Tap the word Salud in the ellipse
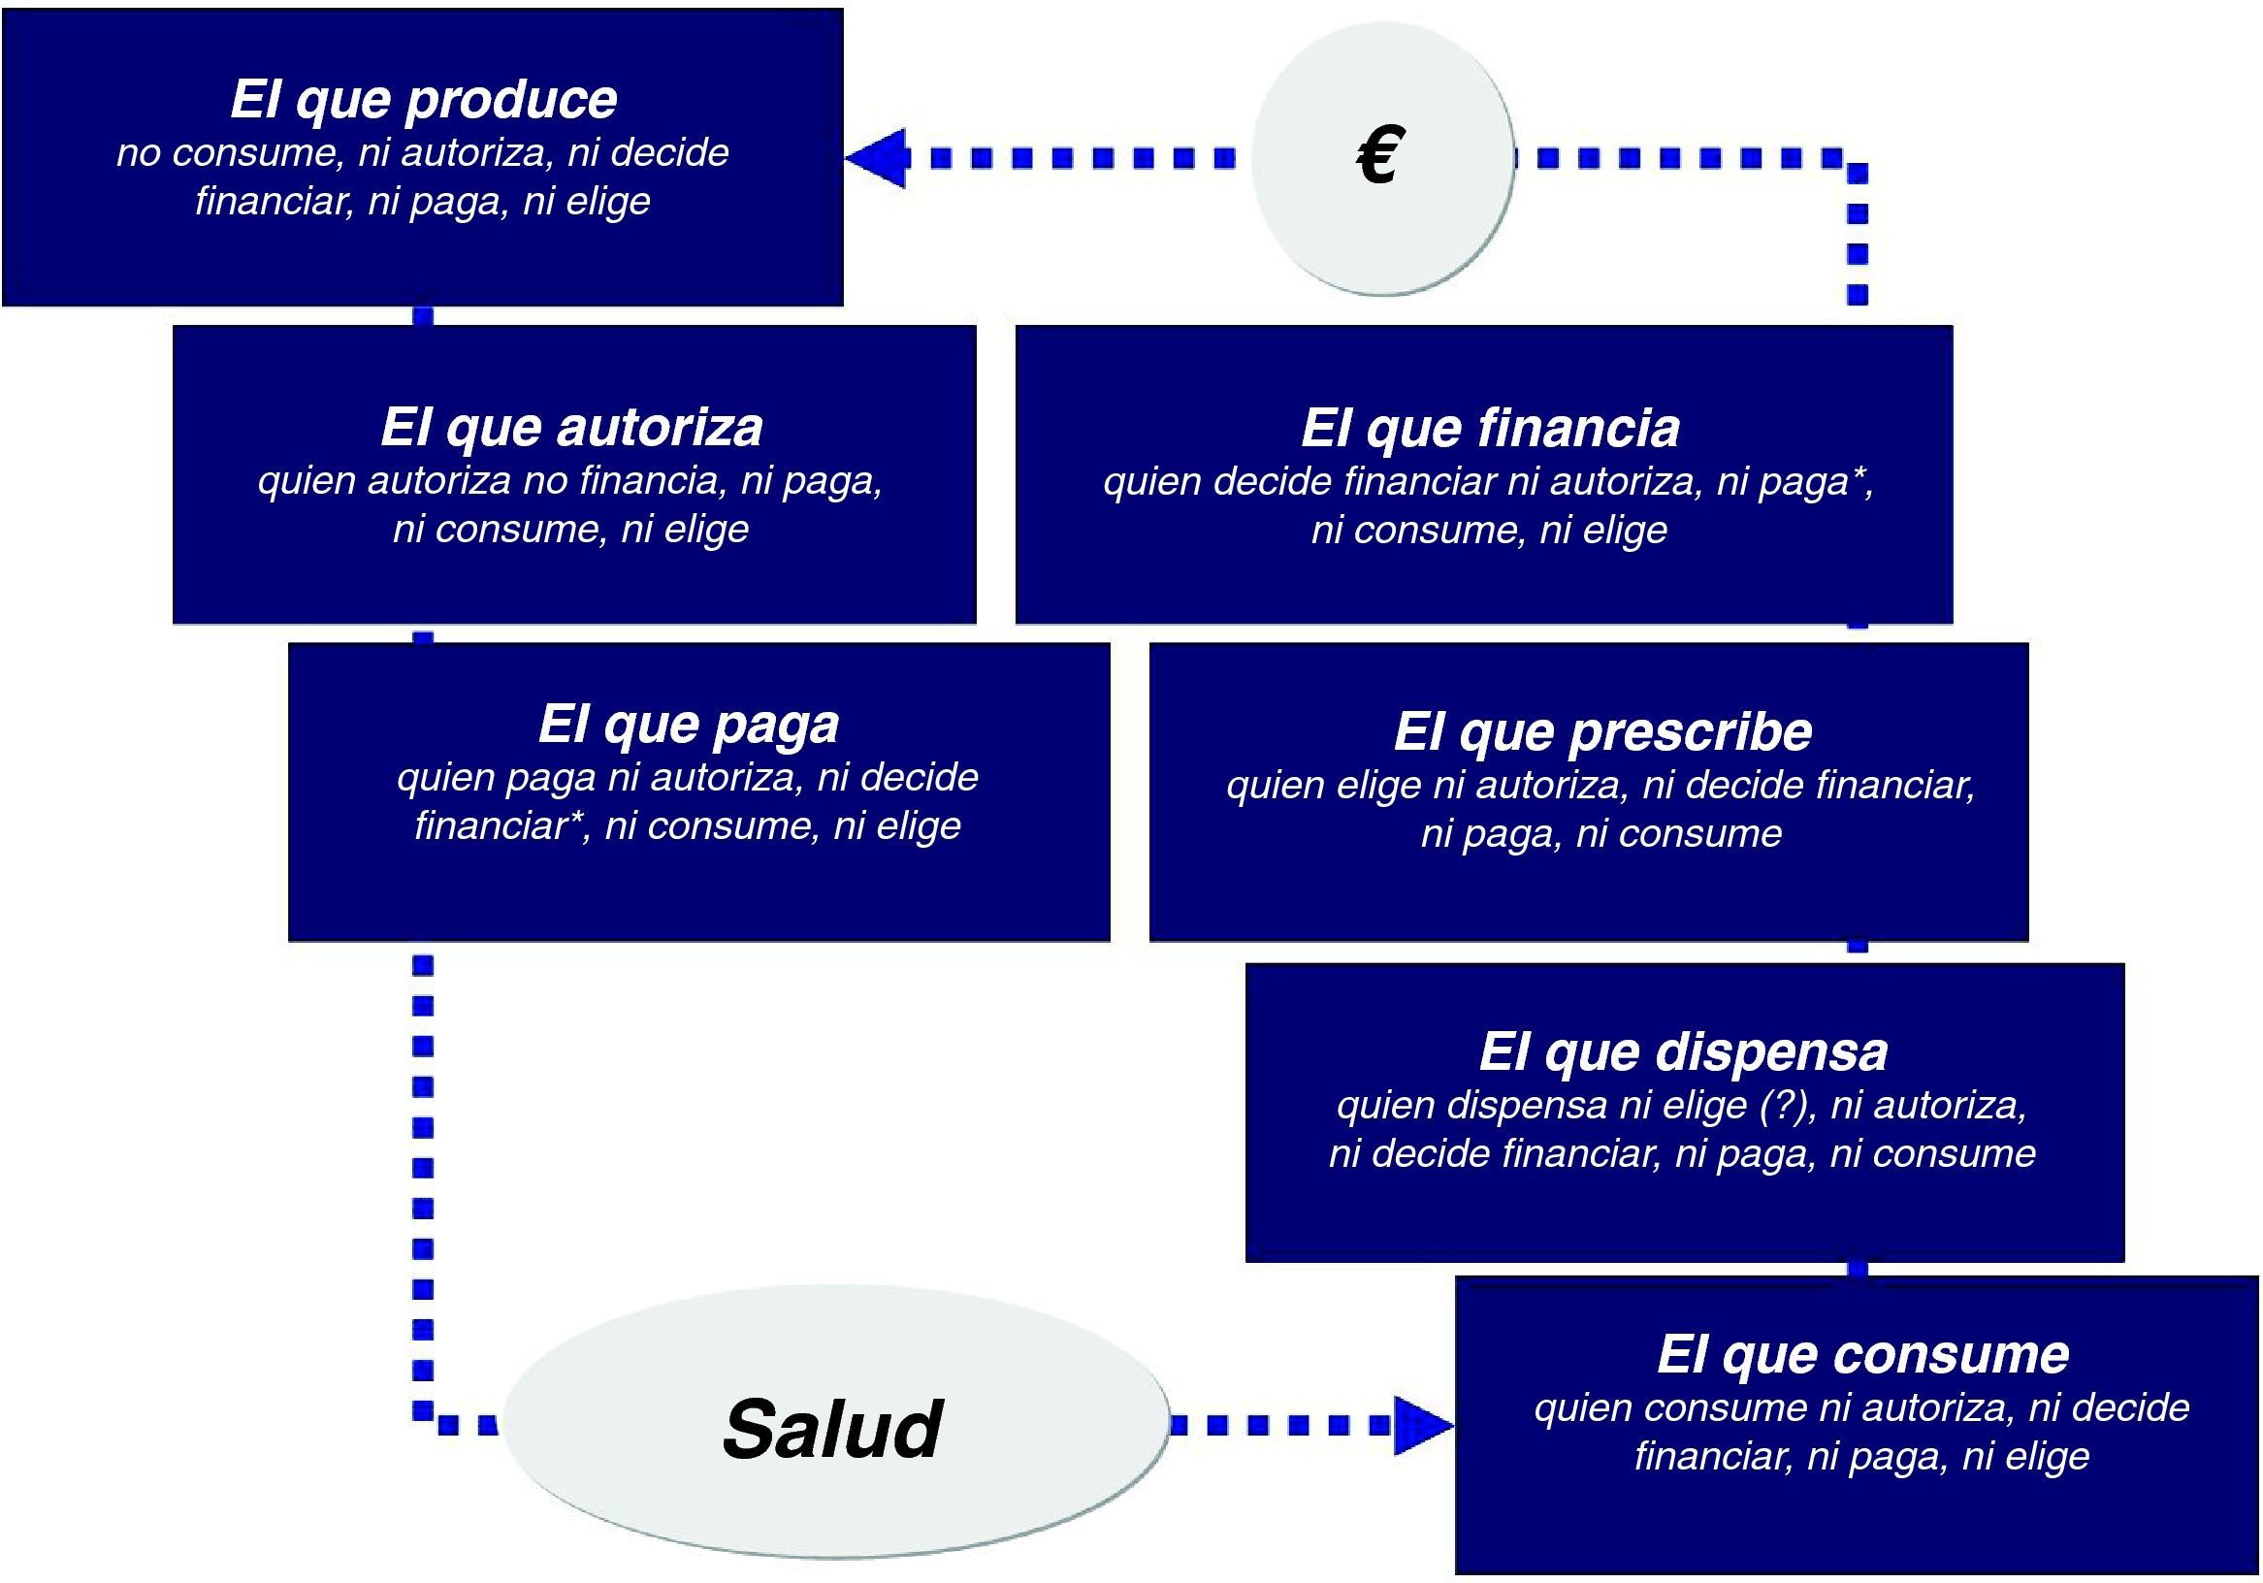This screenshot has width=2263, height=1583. [833, 1428]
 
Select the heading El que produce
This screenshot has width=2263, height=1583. [424, 99]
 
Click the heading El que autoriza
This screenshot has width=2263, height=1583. [571, 427]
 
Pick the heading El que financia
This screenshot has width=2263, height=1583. [1489, 428]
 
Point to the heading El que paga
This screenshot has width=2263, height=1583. [688, 725]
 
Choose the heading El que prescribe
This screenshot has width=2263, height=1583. [1602, 731]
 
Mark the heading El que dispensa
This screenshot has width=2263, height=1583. [1683, 1051]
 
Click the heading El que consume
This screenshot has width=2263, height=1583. [1861, 1354]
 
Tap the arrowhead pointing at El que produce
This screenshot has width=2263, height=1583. [876, 158]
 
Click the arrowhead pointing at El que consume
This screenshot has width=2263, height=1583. [1423, 1424]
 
